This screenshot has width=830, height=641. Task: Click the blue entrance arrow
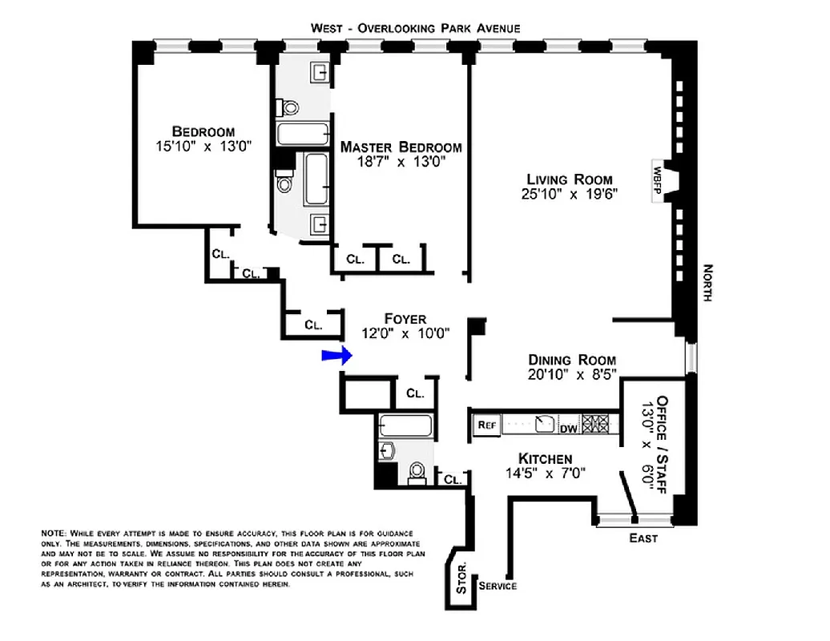[x=335, y=356]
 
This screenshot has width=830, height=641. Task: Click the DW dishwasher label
[x=568, y=429]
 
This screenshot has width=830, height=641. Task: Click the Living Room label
[x=569, y=179]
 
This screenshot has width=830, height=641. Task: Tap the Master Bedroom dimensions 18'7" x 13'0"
[x=401, y=162]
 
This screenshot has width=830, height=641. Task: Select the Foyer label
[x=405, y=319]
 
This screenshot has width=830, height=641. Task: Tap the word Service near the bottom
[x=498, y=586]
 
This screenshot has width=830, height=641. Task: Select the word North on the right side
[x=707, y=283]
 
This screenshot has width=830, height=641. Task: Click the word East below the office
[x=643, y=538]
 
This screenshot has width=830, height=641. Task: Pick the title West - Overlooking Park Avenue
[x=416, y=28]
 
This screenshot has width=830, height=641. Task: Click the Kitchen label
[x=545, y=458]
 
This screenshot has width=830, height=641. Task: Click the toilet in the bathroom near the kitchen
[x=417, y=473]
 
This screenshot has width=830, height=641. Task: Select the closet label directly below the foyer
[x=415, y=393]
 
